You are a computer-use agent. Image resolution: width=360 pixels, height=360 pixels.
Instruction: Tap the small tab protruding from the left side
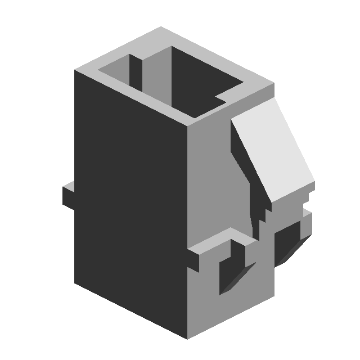[x=67, y=194]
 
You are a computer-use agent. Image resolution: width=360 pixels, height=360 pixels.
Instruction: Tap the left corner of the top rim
[x=75, y=71]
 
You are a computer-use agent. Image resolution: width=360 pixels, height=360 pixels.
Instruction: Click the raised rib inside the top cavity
[x=136, y=73]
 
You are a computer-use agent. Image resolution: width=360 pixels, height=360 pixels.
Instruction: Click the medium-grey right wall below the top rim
[x=214, y=180]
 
